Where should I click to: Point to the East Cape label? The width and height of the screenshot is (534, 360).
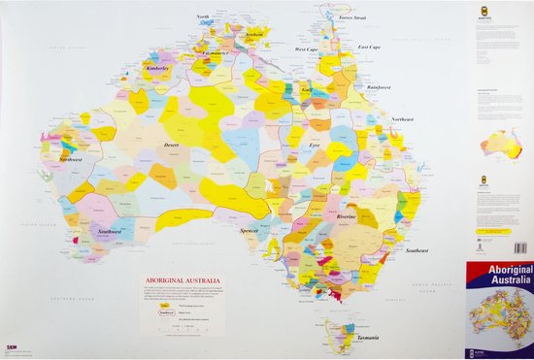tap(369, 47)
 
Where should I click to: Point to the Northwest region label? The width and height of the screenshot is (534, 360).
tap(70, 158)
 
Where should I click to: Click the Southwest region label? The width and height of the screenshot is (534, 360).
tap(110, 231)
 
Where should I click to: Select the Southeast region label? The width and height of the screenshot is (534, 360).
tap(417, 250)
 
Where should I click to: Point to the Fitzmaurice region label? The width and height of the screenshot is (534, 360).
tap(216, 53)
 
